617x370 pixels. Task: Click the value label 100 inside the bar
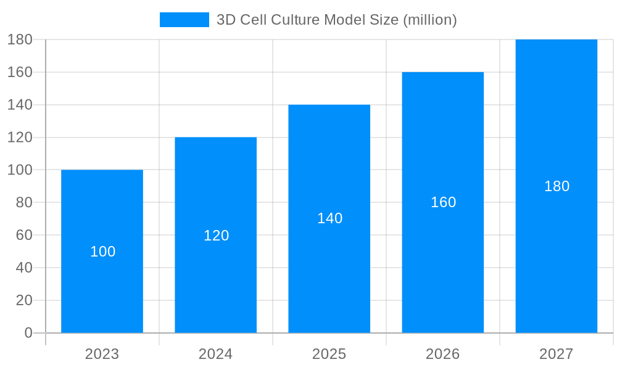point(102,252)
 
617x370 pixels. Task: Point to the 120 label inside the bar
point(216,236)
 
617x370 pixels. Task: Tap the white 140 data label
point(329,218)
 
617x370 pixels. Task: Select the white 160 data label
point(443,202)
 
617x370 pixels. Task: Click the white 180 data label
point(557,186)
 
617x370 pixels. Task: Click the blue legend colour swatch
point(184,20)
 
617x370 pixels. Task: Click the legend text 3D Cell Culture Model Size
point(336,20)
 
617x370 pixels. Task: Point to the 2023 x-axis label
point(102,354)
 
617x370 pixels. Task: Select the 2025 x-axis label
point(329,354)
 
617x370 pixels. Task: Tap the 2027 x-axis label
point(556,354)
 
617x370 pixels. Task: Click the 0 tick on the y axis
point(28,333)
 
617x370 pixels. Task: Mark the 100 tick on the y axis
point(20,170)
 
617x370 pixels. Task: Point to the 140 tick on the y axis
point(20,105)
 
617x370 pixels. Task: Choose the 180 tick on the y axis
point(20,39)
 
